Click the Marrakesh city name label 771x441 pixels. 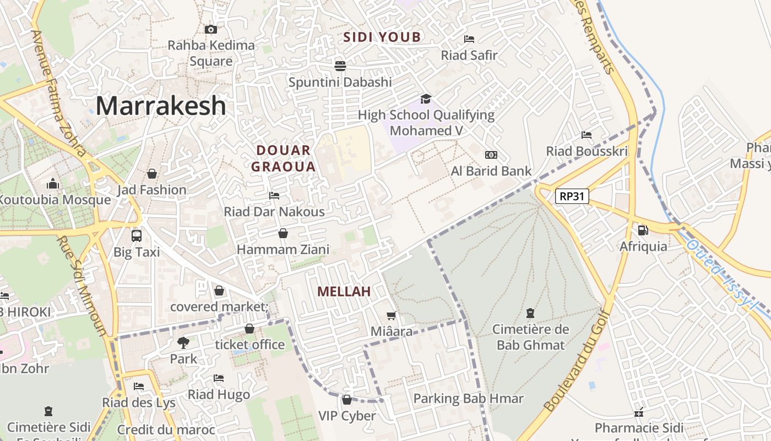[161, 106]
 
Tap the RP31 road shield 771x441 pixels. [572, 196]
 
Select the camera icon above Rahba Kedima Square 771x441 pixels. [210, 29]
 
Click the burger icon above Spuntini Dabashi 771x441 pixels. [340, 66]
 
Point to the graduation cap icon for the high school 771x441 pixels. [426, 99]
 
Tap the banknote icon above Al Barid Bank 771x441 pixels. [491, 155]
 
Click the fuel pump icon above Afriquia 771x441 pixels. [643, 230]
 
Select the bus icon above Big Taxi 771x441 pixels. [137, 236]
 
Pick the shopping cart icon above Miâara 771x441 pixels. [392, 316]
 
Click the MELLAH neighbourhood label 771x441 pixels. [344, 292]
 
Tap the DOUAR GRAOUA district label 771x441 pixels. [284, 158]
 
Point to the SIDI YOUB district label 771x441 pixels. [382, 37]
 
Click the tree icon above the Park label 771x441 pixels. [183, 343]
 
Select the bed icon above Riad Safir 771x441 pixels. [469, 39]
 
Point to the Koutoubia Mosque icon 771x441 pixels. [53, 184]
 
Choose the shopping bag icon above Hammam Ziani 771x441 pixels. [283, 234]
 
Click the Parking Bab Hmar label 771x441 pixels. [468, 399]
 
